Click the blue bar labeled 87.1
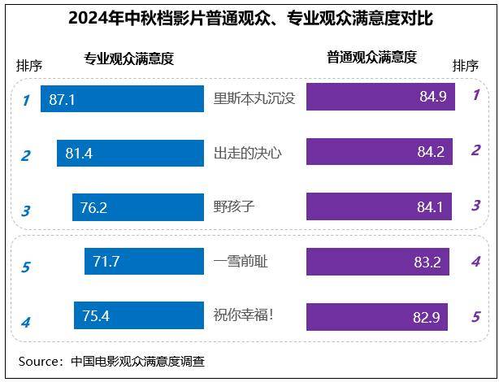122,99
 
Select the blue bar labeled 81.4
130,153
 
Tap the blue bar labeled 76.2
137,207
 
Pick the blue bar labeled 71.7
144,261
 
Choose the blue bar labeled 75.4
138,315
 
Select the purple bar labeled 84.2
379,151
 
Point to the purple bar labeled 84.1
379,206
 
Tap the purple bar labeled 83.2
377,262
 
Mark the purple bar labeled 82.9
376,316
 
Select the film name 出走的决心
247,153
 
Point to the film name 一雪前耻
241,261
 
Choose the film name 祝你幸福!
244,315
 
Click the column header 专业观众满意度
128,59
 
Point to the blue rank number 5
25,267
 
